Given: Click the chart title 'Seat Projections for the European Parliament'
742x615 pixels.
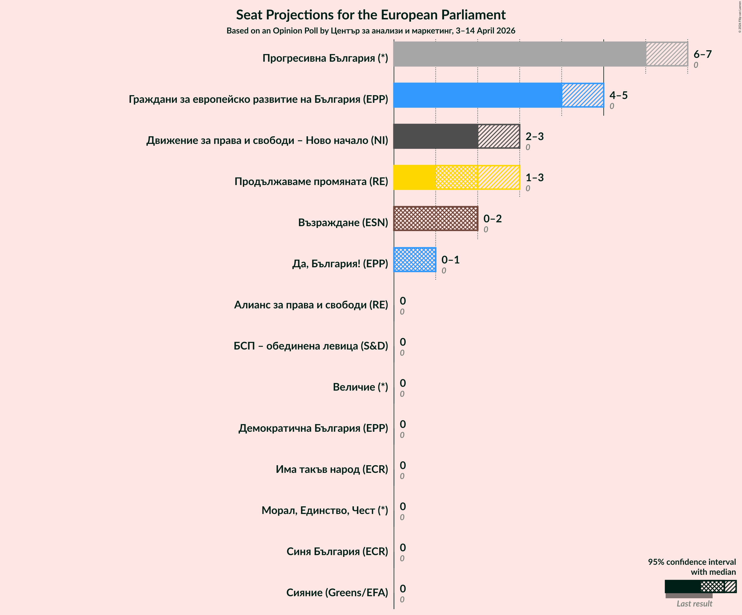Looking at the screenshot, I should coord(371,15).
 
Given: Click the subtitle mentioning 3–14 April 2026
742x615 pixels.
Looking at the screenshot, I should coord(371,31).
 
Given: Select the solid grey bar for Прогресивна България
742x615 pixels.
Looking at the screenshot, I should coord(519,54).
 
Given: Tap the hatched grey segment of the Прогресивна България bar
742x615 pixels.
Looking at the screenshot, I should coord(667,54).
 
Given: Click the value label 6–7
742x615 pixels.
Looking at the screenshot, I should coord(702,54).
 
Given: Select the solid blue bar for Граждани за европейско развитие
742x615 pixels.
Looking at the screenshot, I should coord(477,95).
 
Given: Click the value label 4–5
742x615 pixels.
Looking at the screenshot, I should coord(618,95).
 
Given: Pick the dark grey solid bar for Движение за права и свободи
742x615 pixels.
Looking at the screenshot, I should coord(435,136).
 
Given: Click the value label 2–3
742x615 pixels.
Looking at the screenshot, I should coord(534,136).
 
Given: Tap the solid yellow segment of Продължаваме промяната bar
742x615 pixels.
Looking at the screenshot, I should coord(414,177).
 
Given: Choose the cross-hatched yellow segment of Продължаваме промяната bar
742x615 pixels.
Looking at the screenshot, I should coord(456,177).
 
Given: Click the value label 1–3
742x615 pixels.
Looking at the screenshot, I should coord(534,177).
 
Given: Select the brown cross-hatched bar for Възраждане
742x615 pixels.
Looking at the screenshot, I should coord(435,219).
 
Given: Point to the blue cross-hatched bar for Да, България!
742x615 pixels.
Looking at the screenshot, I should coord(414,260).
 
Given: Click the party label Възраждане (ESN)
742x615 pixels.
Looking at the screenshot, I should coord(343,223).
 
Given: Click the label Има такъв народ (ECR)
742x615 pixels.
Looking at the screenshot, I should coord(331,469).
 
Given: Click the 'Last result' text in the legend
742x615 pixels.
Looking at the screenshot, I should coord(694,604).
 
